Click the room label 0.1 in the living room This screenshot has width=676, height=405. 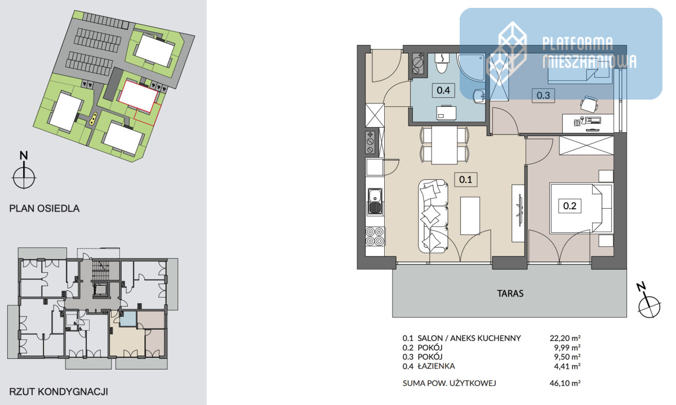coord(466,179)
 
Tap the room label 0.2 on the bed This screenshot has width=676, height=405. coord(570,206)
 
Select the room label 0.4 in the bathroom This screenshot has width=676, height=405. coord(443,90)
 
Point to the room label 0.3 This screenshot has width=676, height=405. coord(543,96)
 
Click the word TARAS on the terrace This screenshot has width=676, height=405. coord(510,294)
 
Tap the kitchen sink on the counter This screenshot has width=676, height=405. coord(375,201)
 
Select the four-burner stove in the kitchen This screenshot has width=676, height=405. coord(375,237)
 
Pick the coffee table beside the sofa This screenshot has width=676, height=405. coord(470,216)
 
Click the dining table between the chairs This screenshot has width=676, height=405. coord(444,145)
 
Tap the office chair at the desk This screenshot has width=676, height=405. coord(589,104)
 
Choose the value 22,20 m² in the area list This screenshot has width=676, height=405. coord(565,338)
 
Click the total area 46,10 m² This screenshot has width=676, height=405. coord(565,383)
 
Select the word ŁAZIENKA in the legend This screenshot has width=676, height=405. coord(436,366)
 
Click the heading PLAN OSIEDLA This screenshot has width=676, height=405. coord(45,209)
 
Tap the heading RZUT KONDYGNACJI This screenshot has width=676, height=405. coord(59,391)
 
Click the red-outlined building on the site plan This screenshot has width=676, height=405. coord(138,96)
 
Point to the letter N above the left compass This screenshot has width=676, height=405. coord(24,155)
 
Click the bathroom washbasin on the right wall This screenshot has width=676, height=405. coord(479,96)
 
